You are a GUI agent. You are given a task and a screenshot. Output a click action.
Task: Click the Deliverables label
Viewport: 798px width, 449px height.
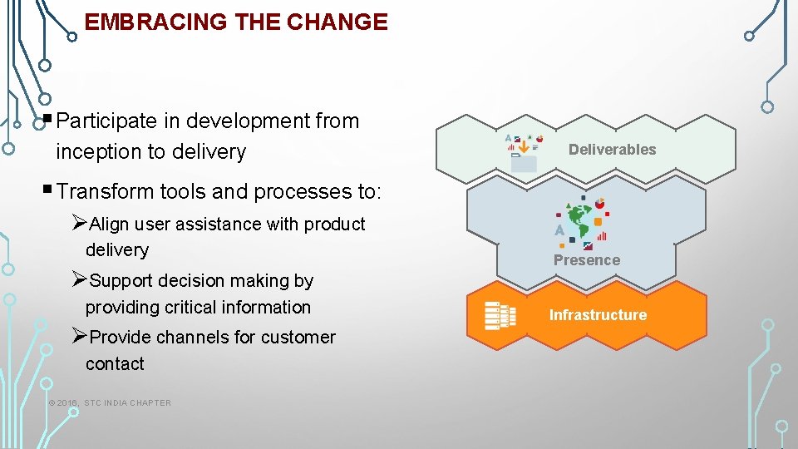(612, 150)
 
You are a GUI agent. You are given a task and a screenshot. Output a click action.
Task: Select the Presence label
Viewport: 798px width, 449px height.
(587, 260)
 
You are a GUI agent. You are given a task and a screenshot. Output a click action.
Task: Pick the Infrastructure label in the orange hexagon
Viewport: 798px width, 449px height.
(598, 315)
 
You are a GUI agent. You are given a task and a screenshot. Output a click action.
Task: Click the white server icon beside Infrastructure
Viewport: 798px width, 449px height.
(500, 315)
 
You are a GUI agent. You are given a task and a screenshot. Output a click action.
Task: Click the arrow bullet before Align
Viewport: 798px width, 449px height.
(79, 223)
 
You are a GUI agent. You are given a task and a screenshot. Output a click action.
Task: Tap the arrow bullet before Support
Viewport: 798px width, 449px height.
(79, 280)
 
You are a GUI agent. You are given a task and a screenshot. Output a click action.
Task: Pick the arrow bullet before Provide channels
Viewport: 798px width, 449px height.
(79, 337)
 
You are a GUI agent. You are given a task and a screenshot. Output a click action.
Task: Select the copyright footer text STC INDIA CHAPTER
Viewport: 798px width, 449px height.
(127, 403)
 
